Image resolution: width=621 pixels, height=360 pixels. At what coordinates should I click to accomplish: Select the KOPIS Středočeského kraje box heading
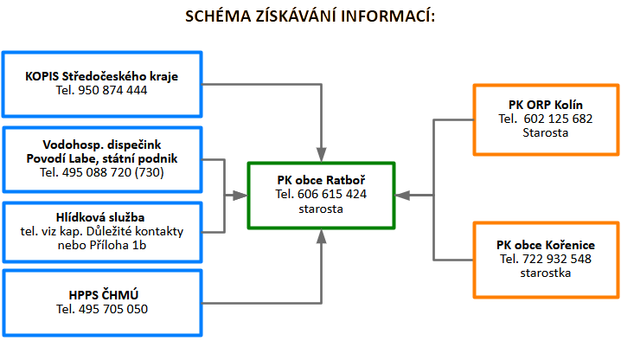[102, 76]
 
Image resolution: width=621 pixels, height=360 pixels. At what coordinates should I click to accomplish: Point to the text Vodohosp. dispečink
[102, 145]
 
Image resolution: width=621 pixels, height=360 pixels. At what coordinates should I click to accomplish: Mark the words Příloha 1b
[125, 245]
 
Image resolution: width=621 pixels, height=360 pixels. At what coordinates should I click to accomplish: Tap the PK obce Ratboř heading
[321, 180]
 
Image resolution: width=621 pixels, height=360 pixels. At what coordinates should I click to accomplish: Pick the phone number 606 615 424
[333, 194]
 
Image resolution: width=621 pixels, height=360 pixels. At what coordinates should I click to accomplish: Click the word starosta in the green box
[321, 209]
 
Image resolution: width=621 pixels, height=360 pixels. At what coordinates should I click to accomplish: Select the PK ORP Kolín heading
[545, 105]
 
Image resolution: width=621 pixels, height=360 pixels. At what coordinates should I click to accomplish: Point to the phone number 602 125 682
[558, 119]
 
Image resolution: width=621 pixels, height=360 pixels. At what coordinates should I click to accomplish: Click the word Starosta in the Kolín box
[545, 132]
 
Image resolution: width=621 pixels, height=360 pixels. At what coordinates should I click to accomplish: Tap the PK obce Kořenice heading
[545, 245]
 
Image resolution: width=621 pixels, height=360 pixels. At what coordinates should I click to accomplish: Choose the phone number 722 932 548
[558, 259]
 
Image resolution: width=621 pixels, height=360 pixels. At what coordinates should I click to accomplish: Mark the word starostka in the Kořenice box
[545, 273]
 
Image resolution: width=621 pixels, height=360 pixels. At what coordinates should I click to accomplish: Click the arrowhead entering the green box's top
[322, 153]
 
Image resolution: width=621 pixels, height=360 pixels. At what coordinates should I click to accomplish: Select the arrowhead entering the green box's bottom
[322, 236]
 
